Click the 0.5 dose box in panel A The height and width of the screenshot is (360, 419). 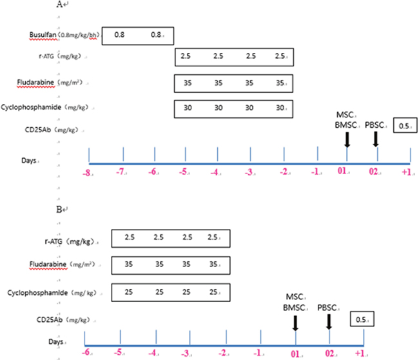pos(404,126)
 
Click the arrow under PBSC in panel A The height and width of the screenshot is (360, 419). pos(376,139)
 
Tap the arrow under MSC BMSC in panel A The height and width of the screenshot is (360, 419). pos(347,139)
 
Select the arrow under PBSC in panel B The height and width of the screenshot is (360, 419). pos(329,322)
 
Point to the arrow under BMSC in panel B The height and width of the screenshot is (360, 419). pos(296,322)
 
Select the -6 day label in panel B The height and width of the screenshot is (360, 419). pos(84,354)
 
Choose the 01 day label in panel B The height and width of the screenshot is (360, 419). pos(296,354)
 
